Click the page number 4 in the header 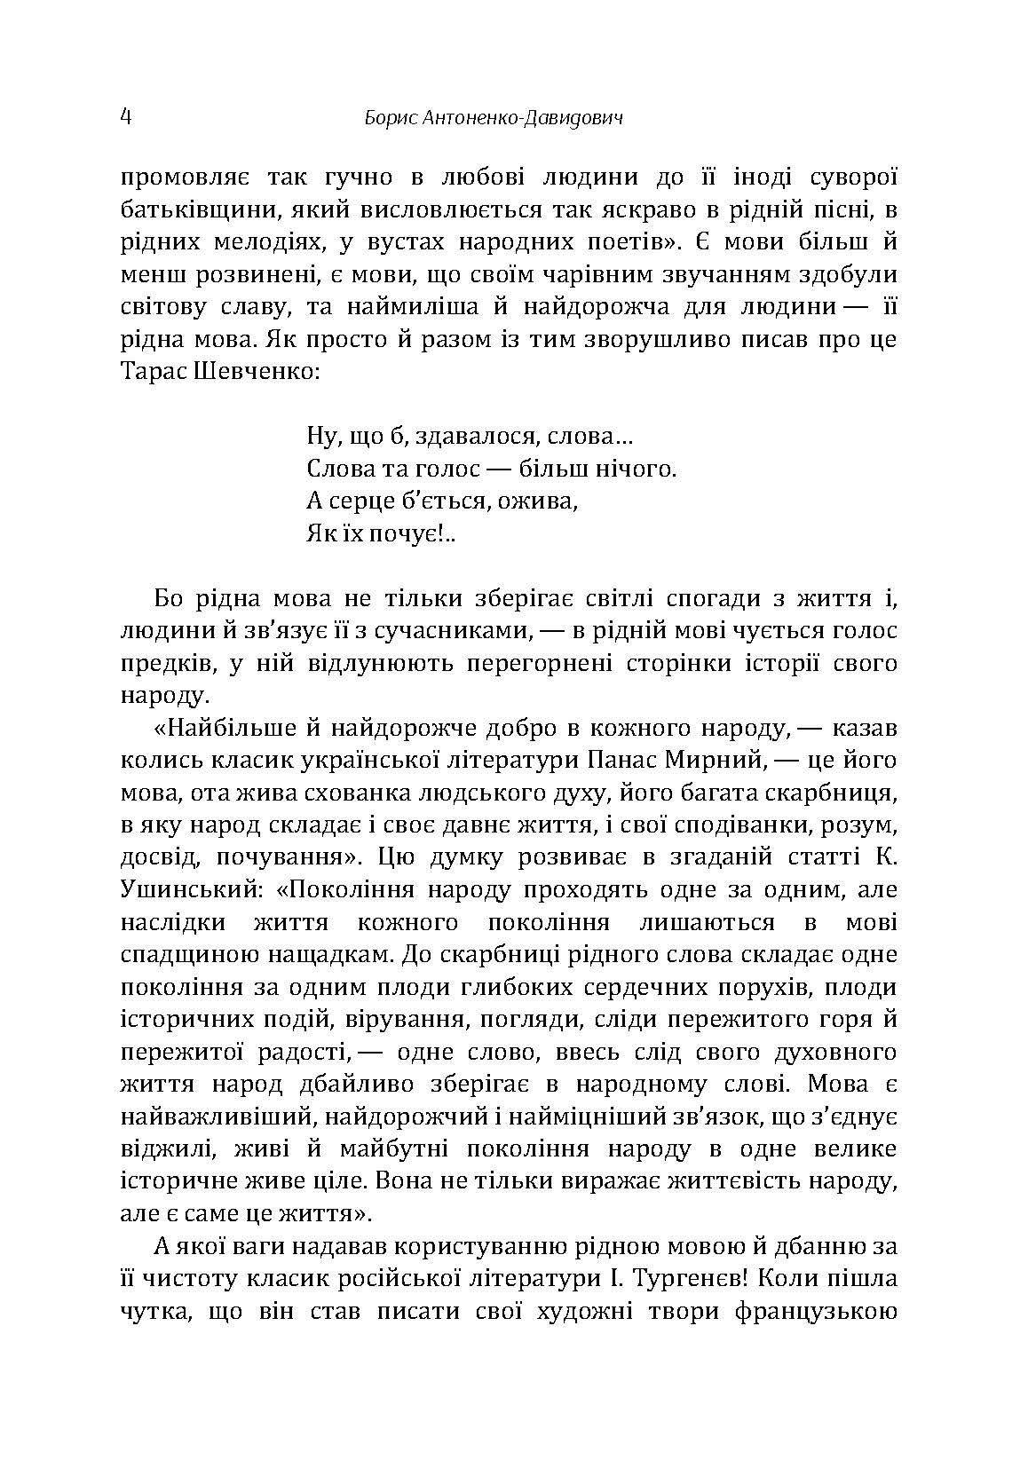tap(125, 117)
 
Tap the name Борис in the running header tap(389, 118)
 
